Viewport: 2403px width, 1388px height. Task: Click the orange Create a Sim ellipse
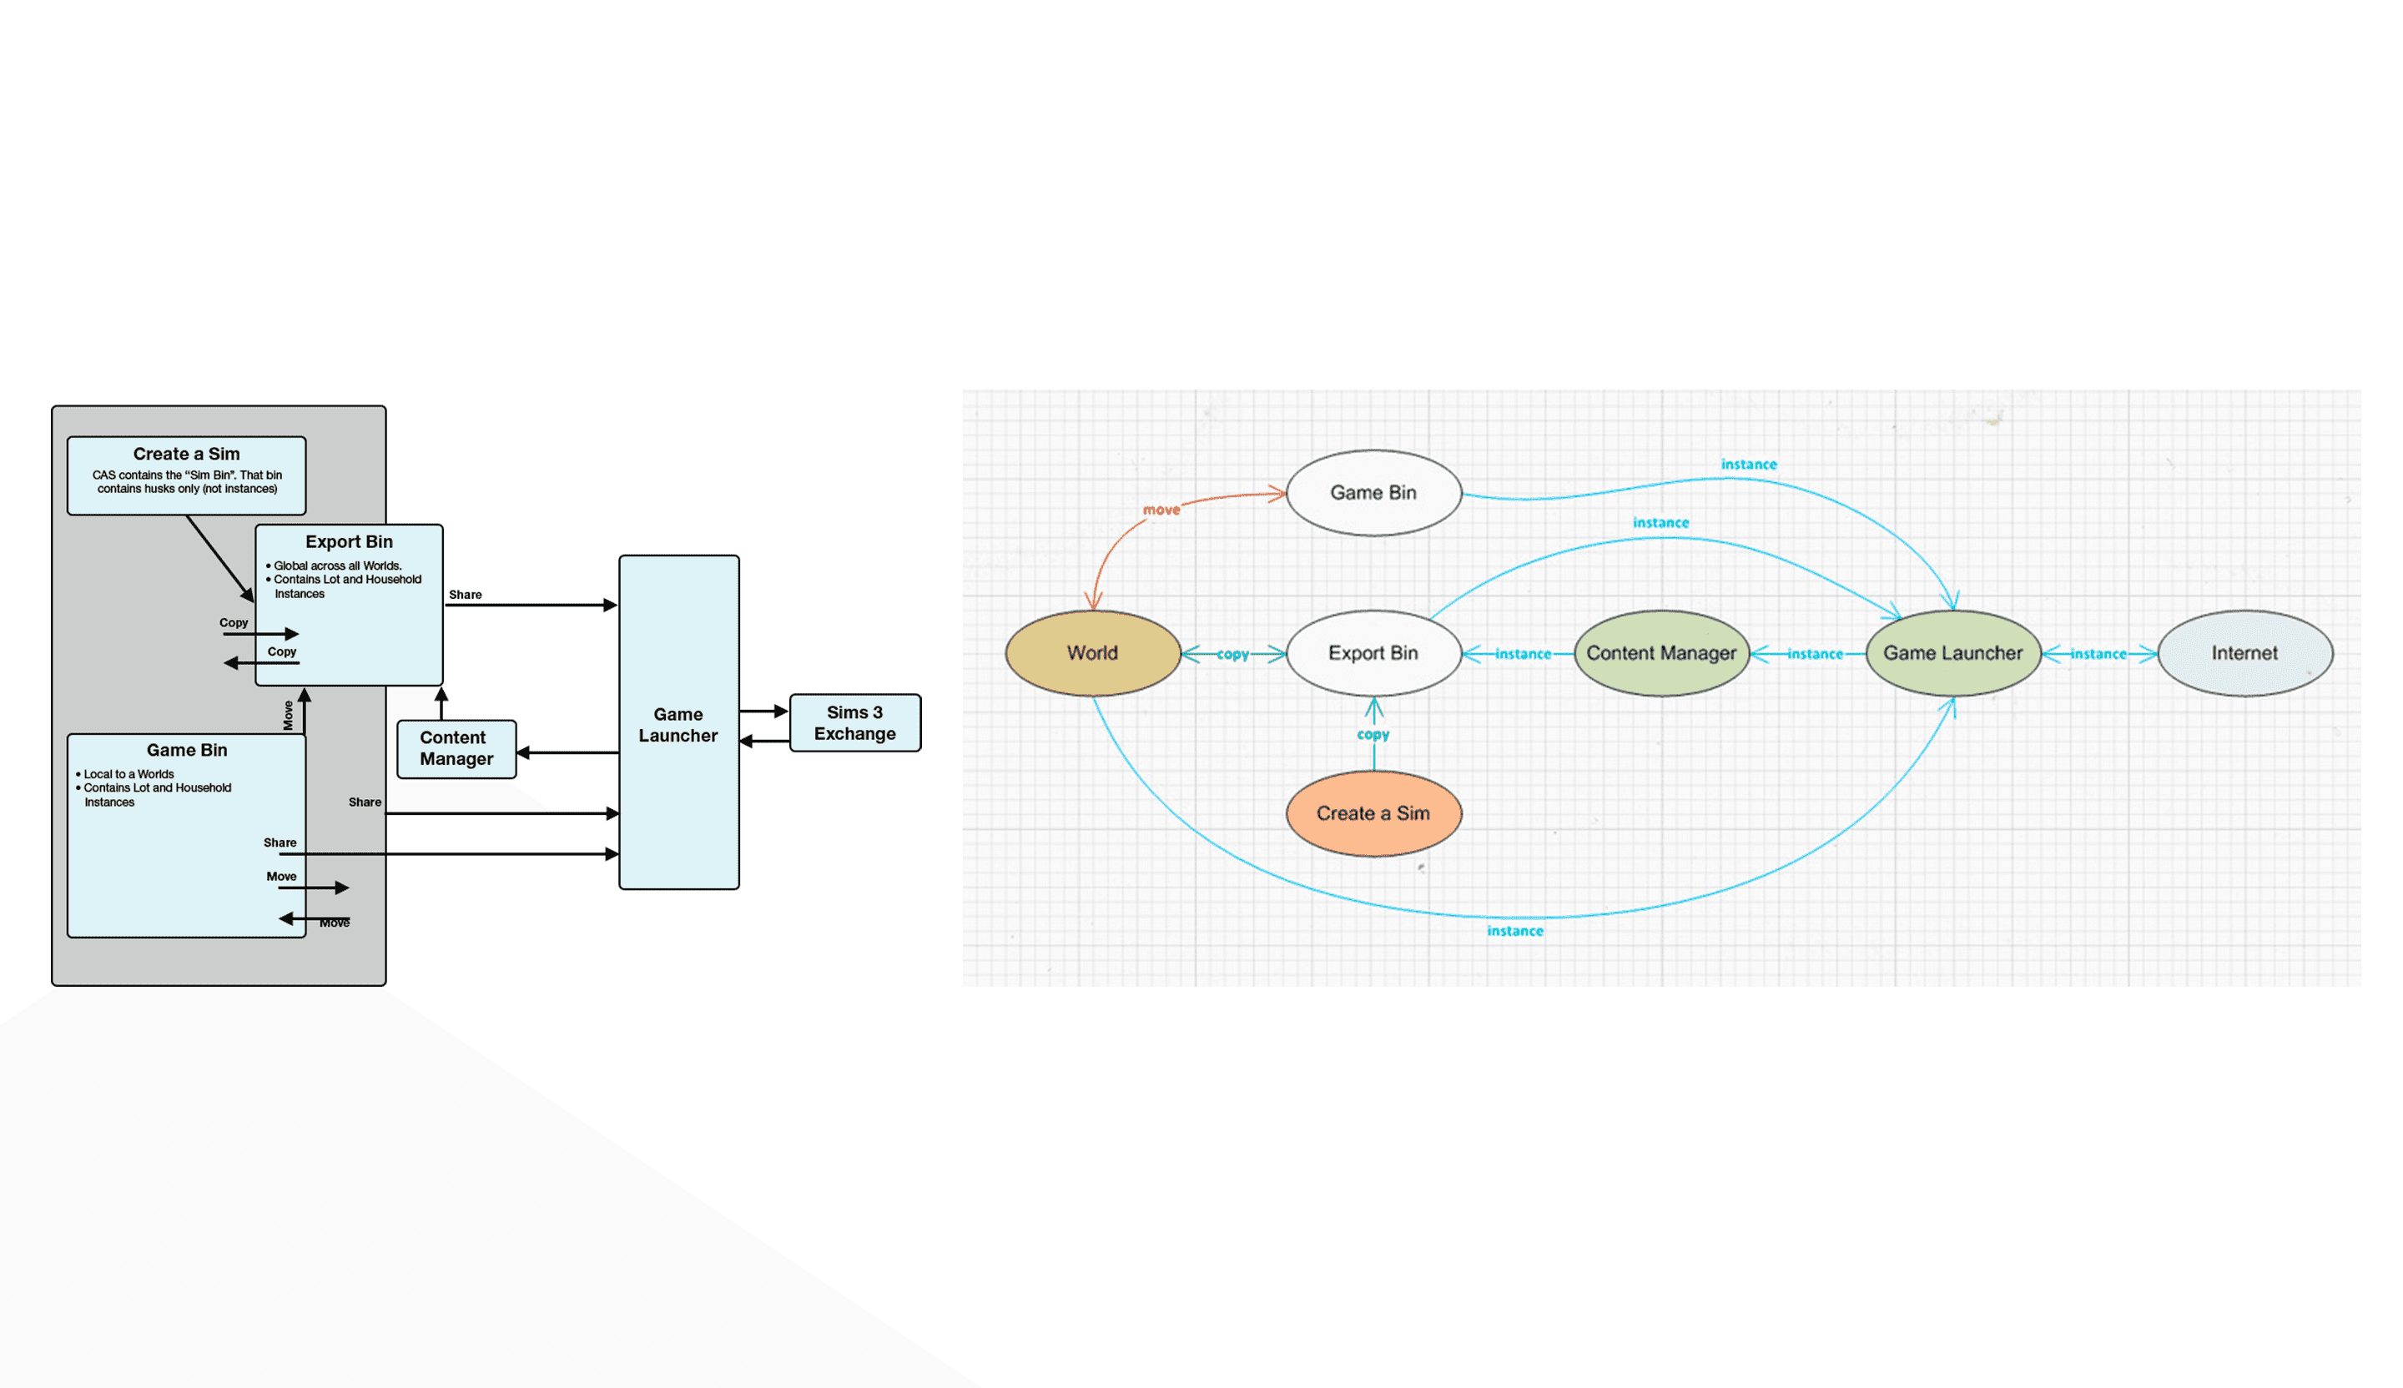(1373, 813)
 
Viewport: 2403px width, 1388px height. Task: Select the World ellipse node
(1093, 653)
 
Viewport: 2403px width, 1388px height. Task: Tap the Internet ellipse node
(2244, 653)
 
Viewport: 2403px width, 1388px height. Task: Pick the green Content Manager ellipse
(1661, 653)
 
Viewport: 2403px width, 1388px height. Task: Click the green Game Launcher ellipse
(1953, 653)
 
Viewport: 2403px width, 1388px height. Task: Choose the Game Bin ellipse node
(1373, 493)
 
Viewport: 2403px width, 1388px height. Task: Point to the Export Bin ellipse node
(1373, 653)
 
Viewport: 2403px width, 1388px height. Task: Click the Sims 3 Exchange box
(854, 722)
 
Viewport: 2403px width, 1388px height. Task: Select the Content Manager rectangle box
(456, 748)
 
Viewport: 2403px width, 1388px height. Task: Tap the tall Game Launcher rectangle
(678, 725)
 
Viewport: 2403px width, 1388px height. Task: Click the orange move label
(1161, 510)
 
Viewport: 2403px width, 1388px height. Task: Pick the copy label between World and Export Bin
(1233, 654)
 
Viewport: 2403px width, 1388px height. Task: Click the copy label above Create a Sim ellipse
(1373, 734)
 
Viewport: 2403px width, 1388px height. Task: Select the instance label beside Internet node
(2098, 654)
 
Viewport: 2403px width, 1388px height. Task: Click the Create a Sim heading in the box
(186, 454)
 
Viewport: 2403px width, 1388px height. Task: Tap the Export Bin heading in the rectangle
(349, 541)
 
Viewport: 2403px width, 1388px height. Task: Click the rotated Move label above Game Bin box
(288, 715)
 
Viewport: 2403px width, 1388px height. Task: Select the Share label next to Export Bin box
(466, 595)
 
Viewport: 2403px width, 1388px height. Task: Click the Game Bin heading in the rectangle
(187, 750)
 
